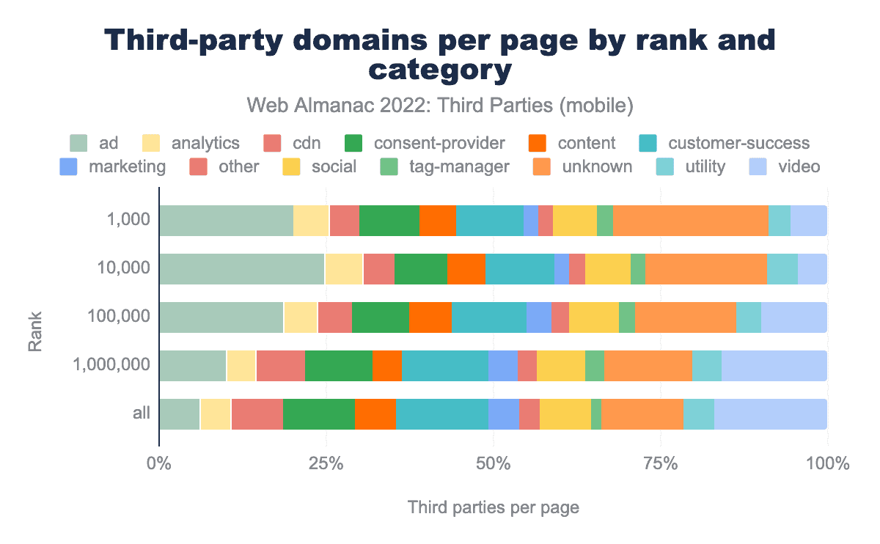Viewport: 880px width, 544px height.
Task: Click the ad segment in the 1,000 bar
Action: point(226,221)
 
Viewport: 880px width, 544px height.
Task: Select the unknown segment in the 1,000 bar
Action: point(690,221)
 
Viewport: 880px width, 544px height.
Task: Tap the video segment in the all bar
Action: point(771,413)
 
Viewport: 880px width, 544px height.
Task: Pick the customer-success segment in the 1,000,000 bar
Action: point(444,365)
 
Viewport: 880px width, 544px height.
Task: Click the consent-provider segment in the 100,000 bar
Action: point(380,317)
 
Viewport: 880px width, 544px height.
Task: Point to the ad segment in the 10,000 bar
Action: point(241,269)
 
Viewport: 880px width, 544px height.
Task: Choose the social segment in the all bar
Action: point(565,413)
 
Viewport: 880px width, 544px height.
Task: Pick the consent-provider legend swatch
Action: point(355,143)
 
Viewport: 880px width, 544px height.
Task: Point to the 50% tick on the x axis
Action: point(494,463)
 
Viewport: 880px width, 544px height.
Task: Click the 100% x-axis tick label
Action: point(827,463)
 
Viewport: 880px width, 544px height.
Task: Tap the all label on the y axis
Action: point(142,413)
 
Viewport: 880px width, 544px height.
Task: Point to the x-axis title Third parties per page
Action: point(494,507)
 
